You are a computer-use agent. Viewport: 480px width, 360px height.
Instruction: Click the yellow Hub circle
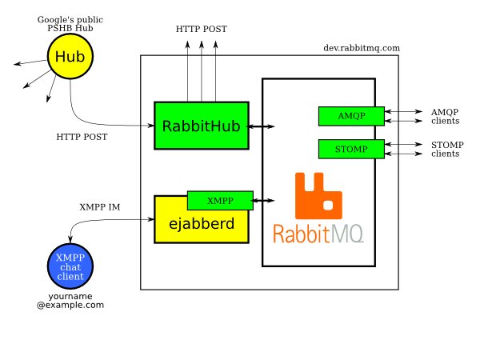pyautogui.click(x=70, y=57)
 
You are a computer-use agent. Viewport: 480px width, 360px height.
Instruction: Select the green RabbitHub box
pyautogui.click(x=202, y=126)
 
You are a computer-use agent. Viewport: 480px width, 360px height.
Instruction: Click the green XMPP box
pyautogui.click(x=220, y=201)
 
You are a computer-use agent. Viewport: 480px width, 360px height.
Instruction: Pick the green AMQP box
pyautogui.click(x=351, y=116)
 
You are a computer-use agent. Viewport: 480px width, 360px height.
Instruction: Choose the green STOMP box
pyautogui.click(x=351, y=149)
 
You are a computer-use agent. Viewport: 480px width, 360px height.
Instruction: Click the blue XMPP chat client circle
pyautogui.click(x=70, y=266)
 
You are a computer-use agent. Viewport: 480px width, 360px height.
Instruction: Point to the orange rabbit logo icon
pyautogui.click(x=318, y=196)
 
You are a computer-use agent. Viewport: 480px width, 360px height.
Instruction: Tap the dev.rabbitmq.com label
pyautogui.click(x=361, y=48)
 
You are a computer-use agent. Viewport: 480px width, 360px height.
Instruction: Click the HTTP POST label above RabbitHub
pyautogui.click(x=202, y=29)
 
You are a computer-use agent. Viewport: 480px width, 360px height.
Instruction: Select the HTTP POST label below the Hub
pyautogui.click(x=82, y=137)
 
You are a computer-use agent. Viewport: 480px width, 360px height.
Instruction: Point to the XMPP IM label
pyautogui.click(x=99, y=206)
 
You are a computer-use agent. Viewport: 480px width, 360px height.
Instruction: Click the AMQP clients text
pyautogui.click(x=445, y=117)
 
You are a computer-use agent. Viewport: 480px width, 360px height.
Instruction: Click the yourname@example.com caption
pyautogui.click(x=70, y=301)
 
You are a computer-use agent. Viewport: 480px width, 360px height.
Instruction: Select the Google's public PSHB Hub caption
pyautogui.click(x=70, y=22)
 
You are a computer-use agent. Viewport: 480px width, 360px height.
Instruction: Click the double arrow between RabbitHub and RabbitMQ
pyautogui.click(x=262, y=126)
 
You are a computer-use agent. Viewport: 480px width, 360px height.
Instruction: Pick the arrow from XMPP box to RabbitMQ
pyautogui.click(x=265, y=201)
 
